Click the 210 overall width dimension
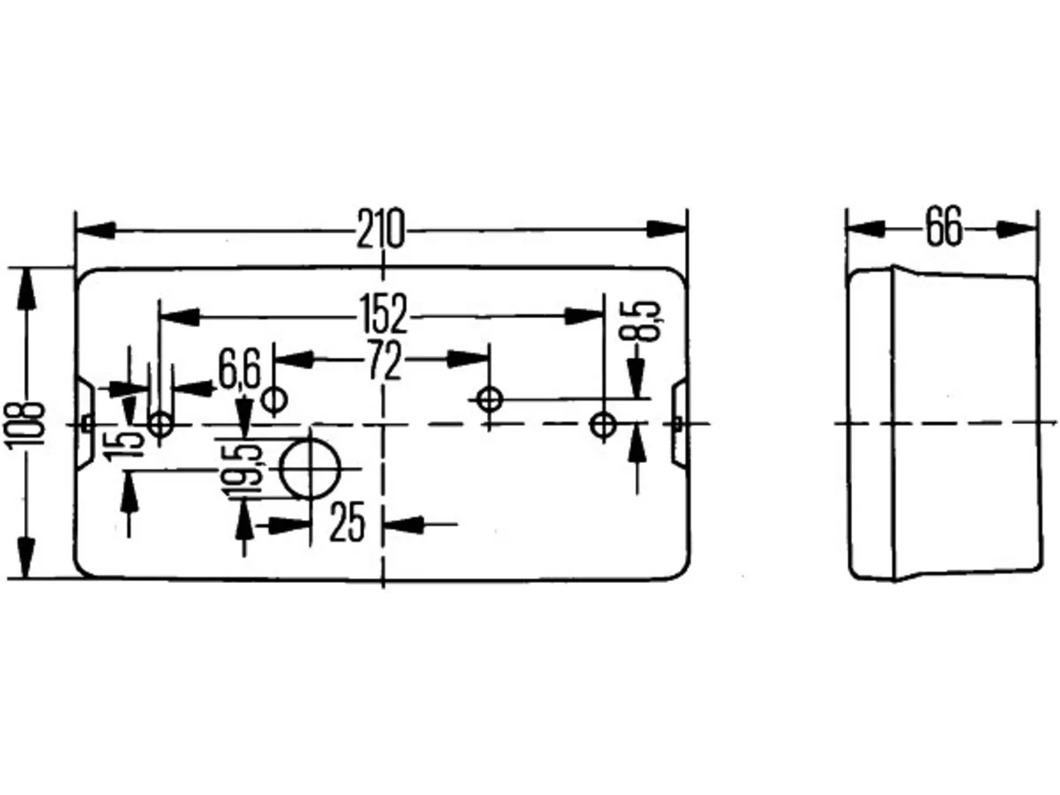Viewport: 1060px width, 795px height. coord(380,229)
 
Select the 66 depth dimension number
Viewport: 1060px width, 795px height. coord(943,226)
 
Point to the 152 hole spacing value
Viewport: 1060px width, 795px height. coord(384,314)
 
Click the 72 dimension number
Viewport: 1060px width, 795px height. coord(385,359)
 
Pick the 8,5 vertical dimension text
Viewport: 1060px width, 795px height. coord(646,321)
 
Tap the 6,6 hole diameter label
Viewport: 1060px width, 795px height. coord(239,369)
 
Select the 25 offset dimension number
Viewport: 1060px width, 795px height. coord(347,523)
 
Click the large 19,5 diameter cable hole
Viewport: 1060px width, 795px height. coord(310,468)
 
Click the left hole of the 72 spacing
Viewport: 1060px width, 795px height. coord(274,400)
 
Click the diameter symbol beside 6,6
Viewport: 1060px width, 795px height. coord(274,400)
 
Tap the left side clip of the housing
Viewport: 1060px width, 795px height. coord(85,423)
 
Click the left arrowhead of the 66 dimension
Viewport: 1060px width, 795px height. coord(866,229)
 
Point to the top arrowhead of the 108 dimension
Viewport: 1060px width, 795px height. coord(26,288)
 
